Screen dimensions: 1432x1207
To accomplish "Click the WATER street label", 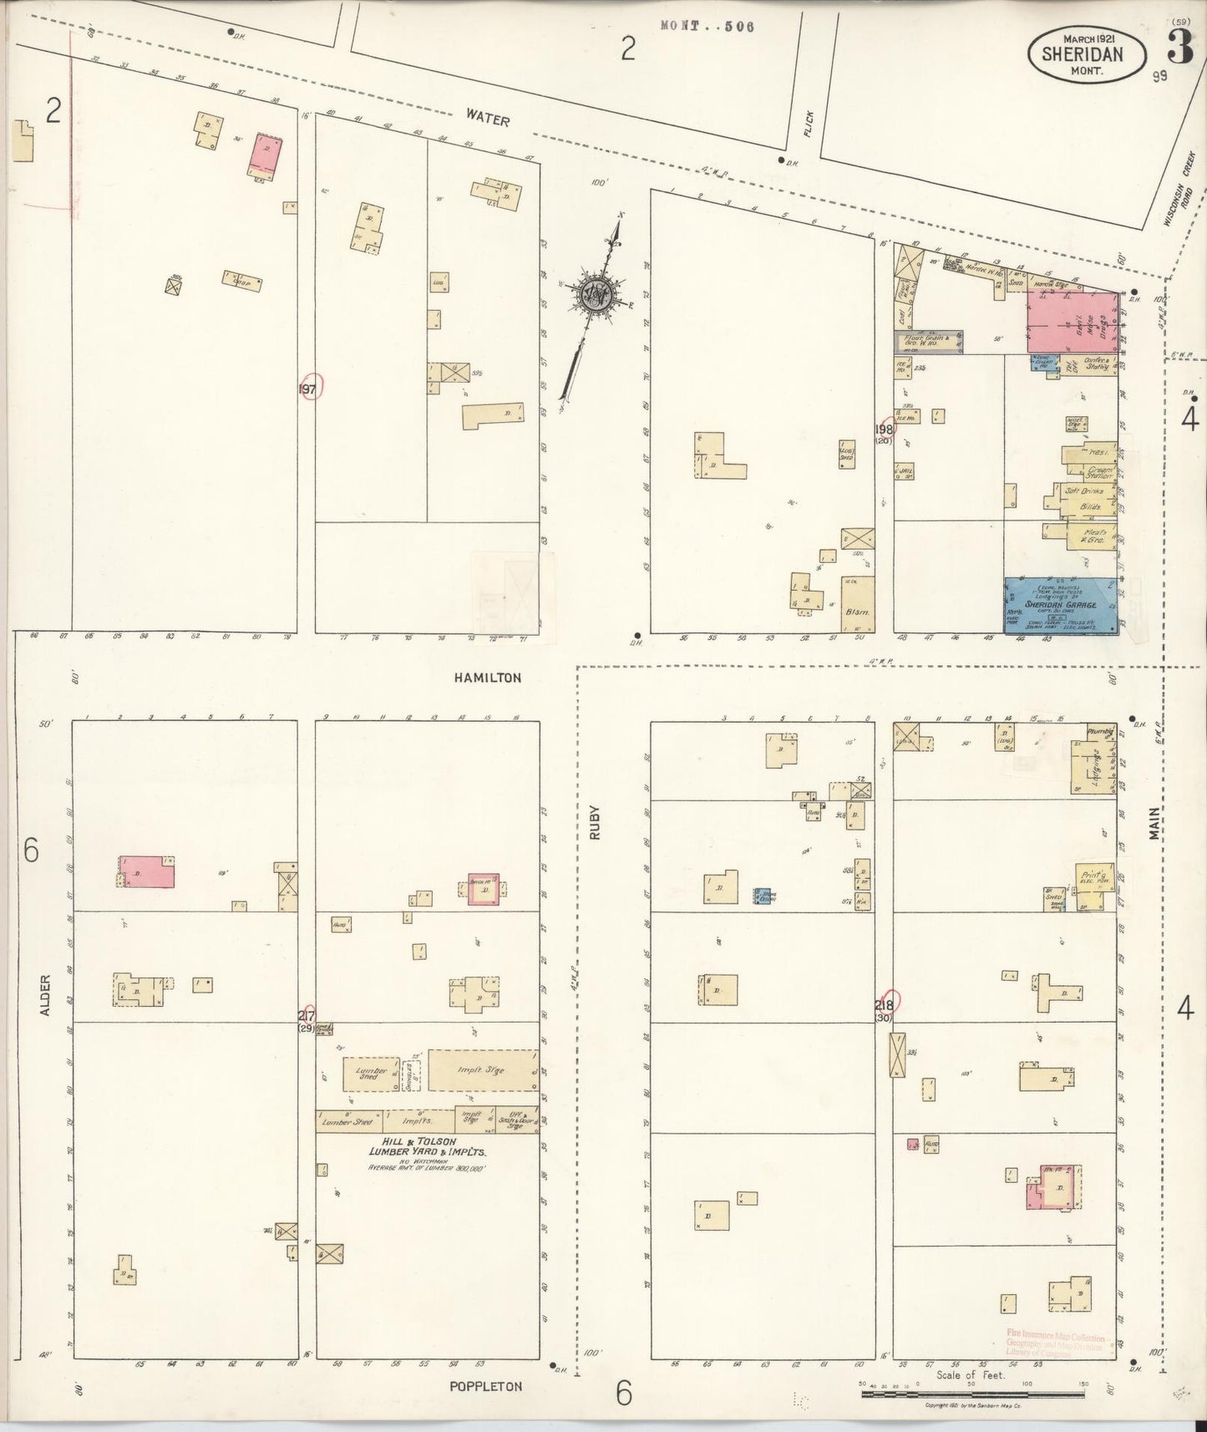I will (x=488, y=119).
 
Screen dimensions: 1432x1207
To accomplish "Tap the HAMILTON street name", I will (x=488, y=678).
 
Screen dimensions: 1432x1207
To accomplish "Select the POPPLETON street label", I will (x=484, y=1386).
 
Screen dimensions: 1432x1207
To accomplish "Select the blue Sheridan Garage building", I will (x=1060, y=605).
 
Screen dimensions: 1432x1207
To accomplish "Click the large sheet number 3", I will (x=1179, y=49).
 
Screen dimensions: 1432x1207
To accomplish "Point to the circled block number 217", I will (x=307, y=1016).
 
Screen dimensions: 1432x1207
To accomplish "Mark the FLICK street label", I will (x=808, y=123).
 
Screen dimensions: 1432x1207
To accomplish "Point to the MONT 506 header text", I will (x=707, y=26).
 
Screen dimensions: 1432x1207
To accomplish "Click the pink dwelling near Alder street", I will (x=146, y=871).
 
